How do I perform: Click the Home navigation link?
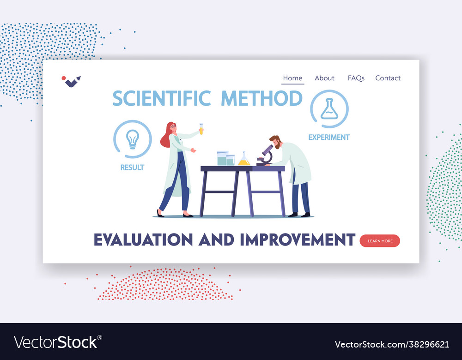click(x=292, y=78)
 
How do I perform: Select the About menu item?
click(x=324, y=78)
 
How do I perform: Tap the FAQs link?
click(x=356, y=78)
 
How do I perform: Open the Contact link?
click(x=388, y=78)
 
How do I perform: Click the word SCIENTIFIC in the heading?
click(x=161, y=99)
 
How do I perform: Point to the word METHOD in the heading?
click(x=261, y=99)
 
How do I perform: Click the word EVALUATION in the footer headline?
click(x=143, y=240)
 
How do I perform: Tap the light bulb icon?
click(x=133, y=139)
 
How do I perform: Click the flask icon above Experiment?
click(x=329, y=109)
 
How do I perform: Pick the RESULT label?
click(x=132, y=168)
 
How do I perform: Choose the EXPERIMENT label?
click(x=329, y=137)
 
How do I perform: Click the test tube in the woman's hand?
click(x=201, y=128)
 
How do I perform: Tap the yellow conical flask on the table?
click(x=243, y=159)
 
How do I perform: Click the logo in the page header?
click(x=71, y=81)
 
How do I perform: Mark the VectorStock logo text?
click(x=56, y=342)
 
